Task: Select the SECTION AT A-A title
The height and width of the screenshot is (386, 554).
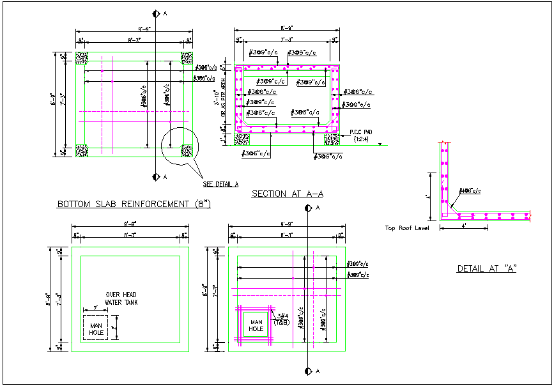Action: click(287, 194)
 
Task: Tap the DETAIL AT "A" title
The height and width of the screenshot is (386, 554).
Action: click(486, 269)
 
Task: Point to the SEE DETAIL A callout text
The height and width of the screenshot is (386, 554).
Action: click(220, 184)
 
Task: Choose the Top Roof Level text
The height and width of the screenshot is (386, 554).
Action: click(407, 228)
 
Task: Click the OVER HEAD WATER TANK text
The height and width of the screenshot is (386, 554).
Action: click(121, 298)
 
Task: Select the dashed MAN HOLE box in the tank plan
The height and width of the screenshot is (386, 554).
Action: click(96, 326)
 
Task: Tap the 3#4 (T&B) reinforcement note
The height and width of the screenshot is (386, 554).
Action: click(282, 319)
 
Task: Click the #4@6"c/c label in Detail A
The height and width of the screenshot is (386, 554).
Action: click(470, 191)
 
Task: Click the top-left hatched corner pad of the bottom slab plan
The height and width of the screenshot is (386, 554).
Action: click(82, 58)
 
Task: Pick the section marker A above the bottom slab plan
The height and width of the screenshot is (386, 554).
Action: click(155, 13)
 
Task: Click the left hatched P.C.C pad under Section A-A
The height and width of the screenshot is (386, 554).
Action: click(242, 138)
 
